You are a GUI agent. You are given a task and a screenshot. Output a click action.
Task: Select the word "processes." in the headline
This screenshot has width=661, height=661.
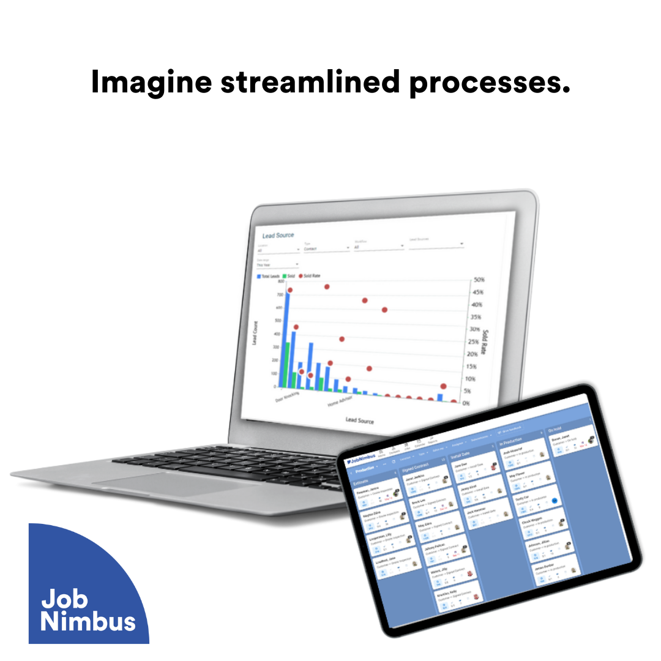(x=490, y=83)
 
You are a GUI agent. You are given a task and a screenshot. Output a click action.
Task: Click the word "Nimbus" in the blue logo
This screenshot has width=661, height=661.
(x=88, y=621)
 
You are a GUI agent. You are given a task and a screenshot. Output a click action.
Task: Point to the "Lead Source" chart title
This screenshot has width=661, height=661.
(x=278, y=235)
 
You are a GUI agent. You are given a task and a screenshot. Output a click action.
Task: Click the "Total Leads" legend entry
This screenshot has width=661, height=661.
(x=269, y=277)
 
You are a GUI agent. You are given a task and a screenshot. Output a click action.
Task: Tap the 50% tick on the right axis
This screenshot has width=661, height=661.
(x=479, y=280)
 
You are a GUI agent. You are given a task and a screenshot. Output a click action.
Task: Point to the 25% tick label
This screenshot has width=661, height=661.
(x=476, y=342)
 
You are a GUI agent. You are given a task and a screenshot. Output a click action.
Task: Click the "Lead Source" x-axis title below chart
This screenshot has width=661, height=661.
(x=359, y=421)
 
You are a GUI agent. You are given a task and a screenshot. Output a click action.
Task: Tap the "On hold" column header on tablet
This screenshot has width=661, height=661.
(x=556, y=430)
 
